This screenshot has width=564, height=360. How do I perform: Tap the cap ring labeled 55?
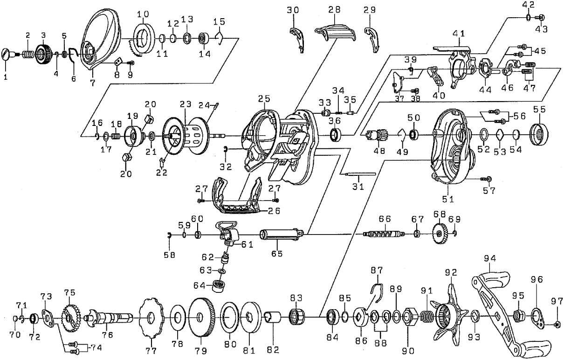pyautogui.click(x=540, y=135)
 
